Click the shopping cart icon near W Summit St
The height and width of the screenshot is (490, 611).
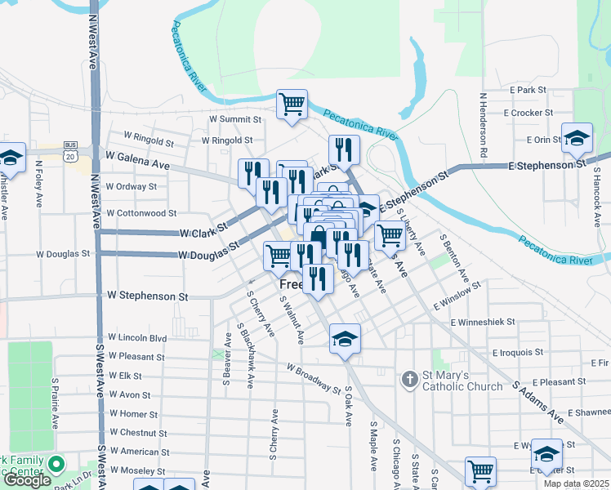(x=292, y=105)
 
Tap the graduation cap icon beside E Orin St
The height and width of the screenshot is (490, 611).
(x=577, y=136)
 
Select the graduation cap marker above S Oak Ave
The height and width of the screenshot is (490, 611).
(x=346, y=338)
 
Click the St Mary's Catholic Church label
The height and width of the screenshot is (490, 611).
(x=462, y=381)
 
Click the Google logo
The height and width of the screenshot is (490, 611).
(x=26, y=480)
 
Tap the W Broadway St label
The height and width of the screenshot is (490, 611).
(x=313, y=378)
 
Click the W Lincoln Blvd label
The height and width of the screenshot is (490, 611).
(x=137, y=337)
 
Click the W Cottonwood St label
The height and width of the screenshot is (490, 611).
(x=141, y=213)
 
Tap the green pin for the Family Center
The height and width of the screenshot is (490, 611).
(x=56, y=465)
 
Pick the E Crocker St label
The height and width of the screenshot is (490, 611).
(x=529, y=113)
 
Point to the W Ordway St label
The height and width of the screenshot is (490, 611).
(x=132, y=186)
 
